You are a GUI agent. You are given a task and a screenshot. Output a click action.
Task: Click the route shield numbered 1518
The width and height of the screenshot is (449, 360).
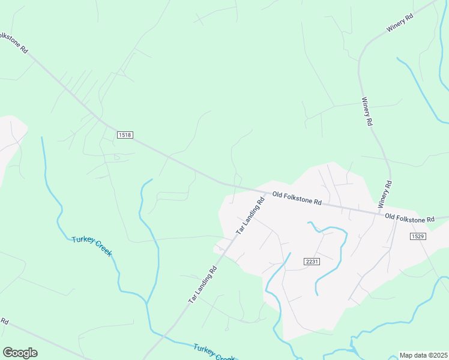125,136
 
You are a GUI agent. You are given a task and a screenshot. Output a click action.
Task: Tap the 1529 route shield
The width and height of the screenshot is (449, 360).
418,237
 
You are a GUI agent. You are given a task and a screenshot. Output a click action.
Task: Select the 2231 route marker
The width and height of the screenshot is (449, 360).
312,261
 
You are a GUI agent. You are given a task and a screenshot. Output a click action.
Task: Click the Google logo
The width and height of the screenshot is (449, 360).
20,353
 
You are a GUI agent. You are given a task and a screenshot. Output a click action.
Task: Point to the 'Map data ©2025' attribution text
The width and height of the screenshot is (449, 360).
423,355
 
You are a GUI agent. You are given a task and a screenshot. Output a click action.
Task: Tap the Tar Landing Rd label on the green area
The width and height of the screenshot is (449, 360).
202,284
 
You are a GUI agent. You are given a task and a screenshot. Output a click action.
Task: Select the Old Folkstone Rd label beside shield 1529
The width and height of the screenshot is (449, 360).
409,218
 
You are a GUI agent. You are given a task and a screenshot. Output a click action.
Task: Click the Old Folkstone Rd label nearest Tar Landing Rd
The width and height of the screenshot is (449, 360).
297,199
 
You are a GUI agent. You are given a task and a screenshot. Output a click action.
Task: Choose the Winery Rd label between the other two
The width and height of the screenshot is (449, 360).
366,112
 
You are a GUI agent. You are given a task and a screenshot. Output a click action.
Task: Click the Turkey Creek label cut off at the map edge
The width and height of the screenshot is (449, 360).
214,353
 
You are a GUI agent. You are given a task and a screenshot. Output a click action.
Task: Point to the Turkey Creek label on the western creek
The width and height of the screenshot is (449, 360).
92,246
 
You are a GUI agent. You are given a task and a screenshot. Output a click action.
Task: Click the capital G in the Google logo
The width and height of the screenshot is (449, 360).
8,353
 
